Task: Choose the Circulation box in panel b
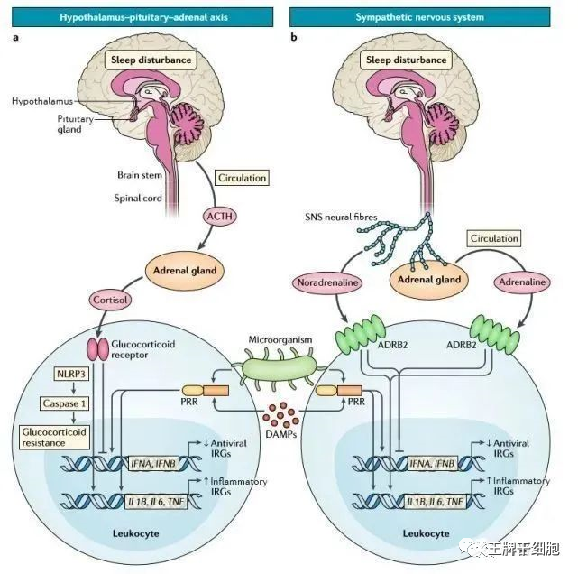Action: [495, 238]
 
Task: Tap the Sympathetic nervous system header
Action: [433, 16]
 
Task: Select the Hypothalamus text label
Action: [42, 103]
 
